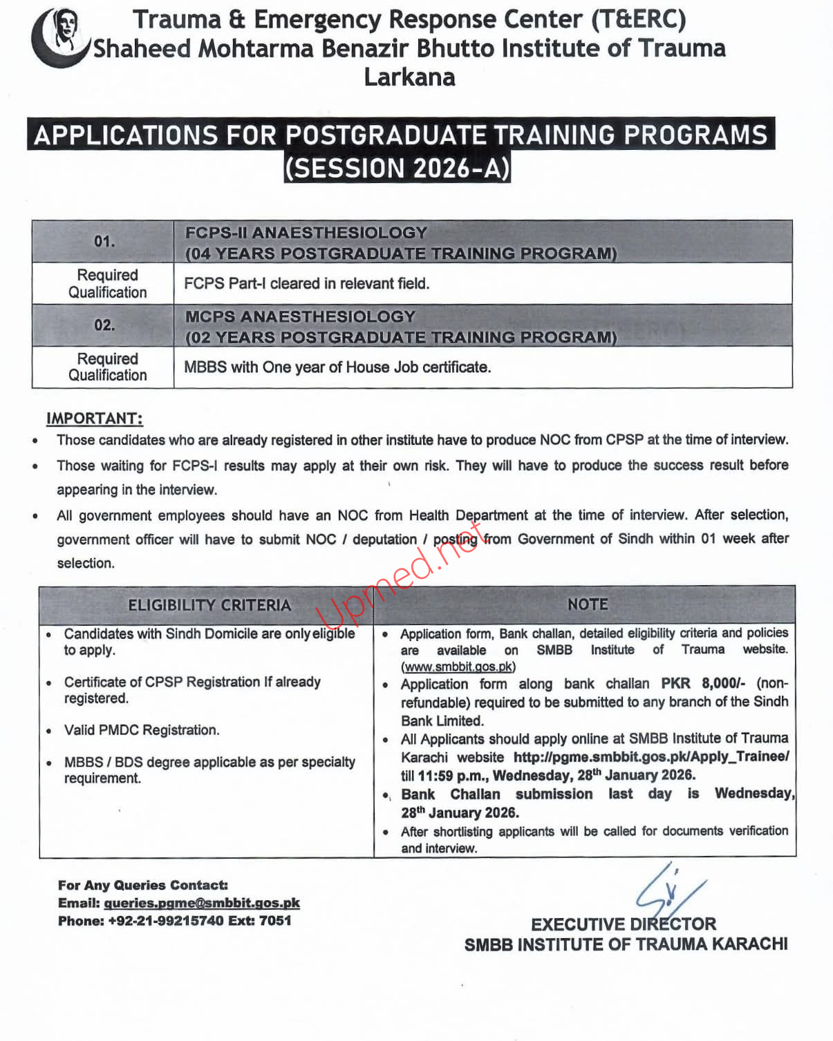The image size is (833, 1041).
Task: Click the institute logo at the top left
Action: [x=61, y=37]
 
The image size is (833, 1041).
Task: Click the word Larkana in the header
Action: [x=409, y=77]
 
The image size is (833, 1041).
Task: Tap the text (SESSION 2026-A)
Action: [x=397, y=169]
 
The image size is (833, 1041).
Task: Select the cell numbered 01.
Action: [x=104, y=242]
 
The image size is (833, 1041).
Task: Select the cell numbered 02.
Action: [x=104, y=325]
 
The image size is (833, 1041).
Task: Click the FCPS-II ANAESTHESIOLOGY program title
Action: [x=306, y=233]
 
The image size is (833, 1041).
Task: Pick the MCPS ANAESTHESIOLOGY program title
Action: [x=300, y=316]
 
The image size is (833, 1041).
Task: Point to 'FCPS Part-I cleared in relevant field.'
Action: [x=306, y=283]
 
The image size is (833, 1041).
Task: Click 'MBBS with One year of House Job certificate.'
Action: [x=337, y=367]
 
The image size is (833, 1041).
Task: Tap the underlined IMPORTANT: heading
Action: [x=95, y=419]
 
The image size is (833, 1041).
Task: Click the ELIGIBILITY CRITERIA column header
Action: [x=209, y=605]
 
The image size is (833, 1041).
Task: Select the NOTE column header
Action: [x=588, y=604]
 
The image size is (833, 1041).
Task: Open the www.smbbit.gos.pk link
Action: [x=458, y=667]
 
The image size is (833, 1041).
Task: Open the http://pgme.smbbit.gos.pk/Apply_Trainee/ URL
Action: [x=651, y=756]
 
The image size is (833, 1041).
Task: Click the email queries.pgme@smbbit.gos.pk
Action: [x=202, y=903]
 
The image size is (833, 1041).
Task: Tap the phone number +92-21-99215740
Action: [x=166, y=921]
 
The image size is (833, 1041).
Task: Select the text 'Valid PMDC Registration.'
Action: [x=141, y=730]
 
